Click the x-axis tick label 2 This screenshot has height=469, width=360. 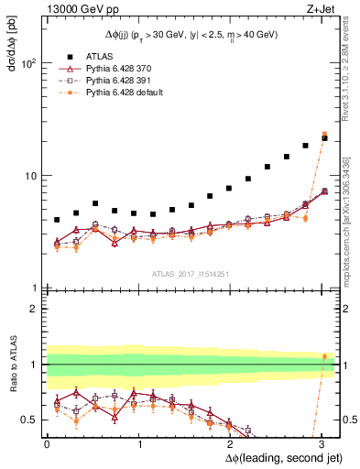pyautogui.click(x=231, y=443)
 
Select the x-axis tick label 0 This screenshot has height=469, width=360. pyautogui.click(x=47, y=443)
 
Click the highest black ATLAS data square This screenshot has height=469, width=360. pyautogui.click(x=324, y=137)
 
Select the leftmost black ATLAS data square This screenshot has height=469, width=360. pyautogui.click(x=57, y=220)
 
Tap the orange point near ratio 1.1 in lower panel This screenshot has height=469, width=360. pyautogui.click(x=324, y=356)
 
